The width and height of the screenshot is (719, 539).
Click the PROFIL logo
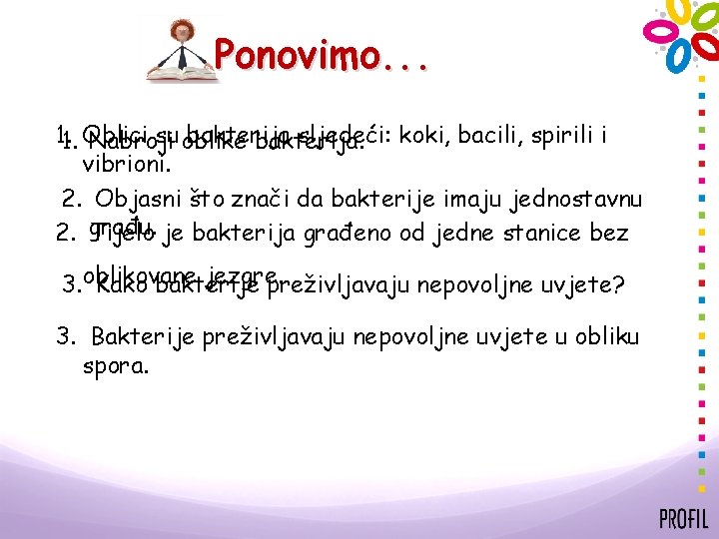click(x=683, y=518)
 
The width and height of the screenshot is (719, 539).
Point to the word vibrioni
click(x=128, y=160)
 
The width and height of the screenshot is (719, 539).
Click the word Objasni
click(x=133, y=199)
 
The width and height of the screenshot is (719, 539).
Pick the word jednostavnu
click(x=576, y=199)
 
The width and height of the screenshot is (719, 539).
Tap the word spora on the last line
click(x=116, y=364)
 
